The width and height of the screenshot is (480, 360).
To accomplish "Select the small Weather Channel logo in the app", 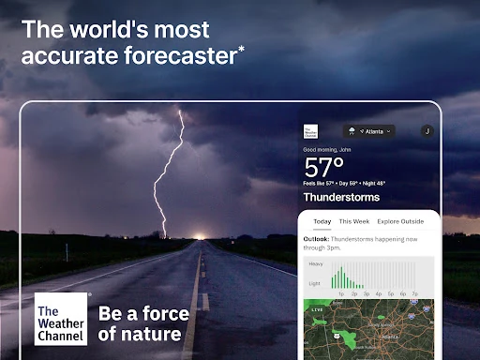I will [x=310, y=132].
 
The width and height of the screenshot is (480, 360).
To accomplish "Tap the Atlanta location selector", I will [x=368, y=131].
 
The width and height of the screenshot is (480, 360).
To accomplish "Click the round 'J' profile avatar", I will [x=427, y=132].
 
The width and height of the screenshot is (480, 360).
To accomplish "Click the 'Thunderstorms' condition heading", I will [x=341, y=198].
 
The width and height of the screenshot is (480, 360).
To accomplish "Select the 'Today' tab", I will [x=322, y=222].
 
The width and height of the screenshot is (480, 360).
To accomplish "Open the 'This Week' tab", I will [x=354, y=222].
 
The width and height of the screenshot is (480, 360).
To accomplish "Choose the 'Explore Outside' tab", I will [x=400, y=222].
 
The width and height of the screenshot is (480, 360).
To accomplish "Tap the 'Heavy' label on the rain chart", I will [x=316, y=264].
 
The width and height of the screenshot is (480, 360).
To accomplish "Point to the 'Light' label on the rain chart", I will [x=315, y=282].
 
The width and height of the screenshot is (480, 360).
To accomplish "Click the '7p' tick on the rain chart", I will [x=415, y=293].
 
